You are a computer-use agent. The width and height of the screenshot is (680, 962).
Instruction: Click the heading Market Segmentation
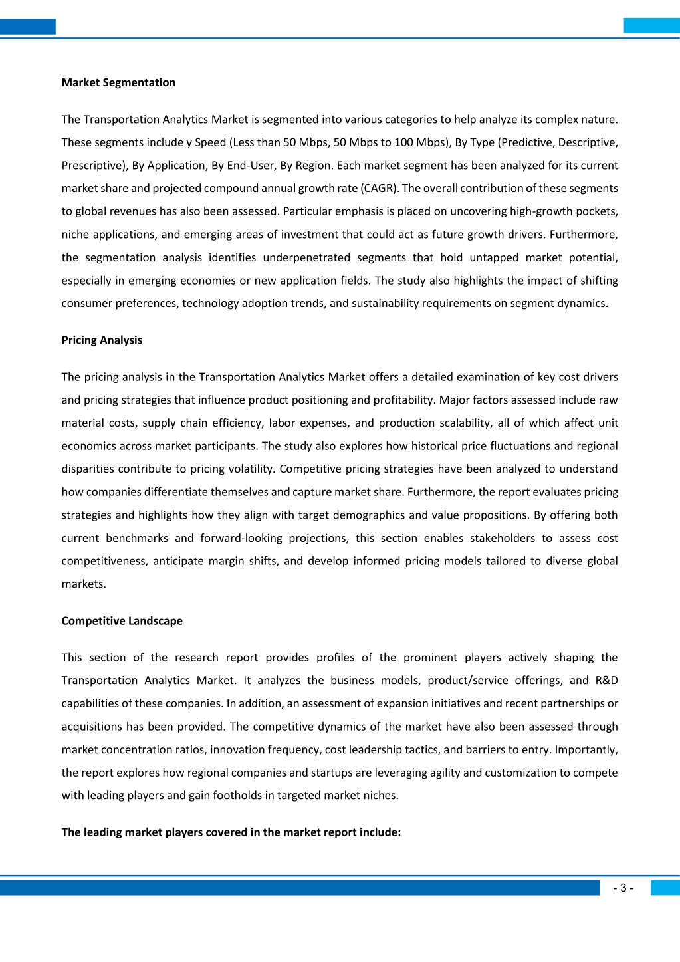(118, 82)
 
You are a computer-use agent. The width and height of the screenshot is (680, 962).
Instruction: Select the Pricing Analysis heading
(102, 340)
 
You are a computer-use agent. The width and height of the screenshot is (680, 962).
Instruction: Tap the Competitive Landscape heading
(122, 620)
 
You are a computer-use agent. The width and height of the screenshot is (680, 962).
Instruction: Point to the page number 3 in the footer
(623, 888)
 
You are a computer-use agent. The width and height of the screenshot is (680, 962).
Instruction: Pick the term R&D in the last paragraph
(606, 680)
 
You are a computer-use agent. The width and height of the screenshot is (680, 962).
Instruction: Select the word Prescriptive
(92, 166)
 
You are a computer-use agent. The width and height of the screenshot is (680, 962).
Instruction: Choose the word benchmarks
(137, 538)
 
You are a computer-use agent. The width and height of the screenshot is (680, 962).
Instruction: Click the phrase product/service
(467, 680)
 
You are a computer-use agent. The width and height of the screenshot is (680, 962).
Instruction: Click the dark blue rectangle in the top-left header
(27, 27)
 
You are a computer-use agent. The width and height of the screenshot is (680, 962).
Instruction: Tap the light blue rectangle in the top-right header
(651, 26)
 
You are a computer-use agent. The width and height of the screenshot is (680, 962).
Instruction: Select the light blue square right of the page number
(665, 888)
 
